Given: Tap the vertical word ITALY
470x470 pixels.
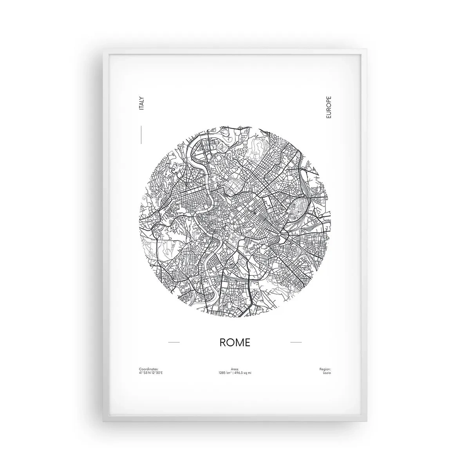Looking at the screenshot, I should (141, 103).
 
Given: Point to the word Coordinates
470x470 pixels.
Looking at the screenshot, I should (148, 369).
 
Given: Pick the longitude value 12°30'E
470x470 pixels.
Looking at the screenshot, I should (156, 372).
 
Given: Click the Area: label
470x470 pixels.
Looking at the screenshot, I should (235, 369).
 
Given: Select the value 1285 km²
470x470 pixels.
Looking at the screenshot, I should (225, 372).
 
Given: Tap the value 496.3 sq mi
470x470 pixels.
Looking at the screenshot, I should (243, 372).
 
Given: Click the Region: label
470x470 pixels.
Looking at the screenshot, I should (325, 369).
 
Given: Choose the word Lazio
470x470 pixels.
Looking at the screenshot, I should (327, 372).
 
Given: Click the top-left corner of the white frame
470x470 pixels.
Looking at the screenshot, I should (104, 50).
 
